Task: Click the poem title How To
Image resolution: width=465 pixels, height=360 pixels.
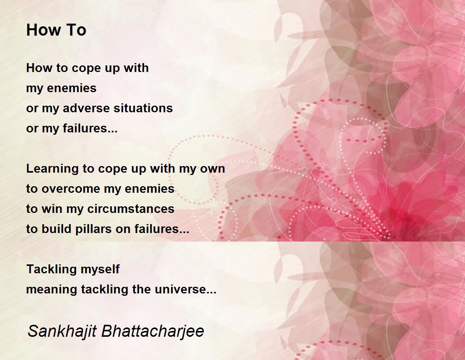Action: point(56,30)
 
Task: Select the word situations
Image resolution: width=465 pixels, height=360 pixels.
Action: point(143,108)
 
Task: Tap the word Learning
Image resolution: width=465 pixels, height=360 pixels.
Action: point(52,169)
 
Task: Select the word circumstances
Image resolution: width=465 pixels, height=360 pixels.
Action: point(131,209)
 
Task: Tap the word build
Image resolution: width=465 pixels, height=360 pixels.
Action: point(56,229)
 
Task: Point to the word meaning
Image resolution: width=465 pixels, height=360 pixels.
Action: point(52,290)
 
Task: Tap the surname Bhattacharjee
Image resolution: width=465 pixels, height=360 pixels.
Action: point(152,331)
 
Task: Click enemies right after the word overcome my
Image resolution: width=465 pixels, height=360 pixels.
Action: point(149,189)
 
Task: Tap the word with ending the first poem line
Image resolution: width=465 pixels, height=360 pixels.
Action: point(136,68)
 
